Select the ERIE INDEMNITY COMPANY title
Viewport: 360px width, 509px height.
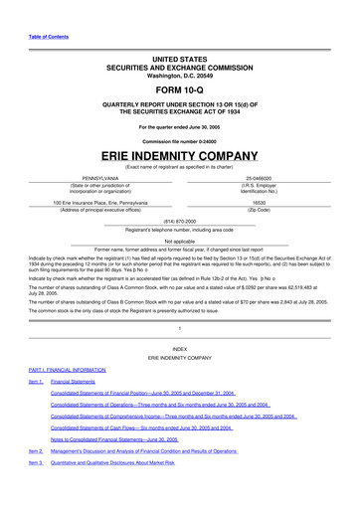[179, 156]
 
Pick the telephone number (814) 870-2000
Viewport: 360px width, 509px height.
[179, 222]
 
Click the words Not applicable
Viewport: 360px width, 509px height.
[179, 241]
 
